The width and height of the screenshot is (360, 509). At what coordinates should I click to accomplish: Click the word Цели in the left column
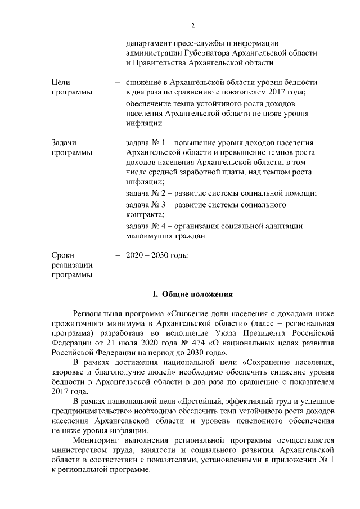(x=61, y=82)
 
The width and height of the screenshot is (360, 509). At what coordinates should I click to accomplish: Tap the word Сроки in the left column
(x=62, y=255)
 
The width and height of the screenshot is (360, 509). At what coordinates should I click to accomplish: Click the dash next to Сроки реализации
(x=117, y=255)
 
